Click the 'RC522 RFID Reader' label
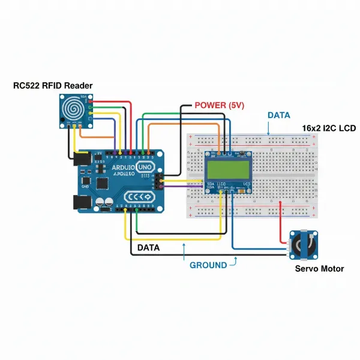tap(53, 85)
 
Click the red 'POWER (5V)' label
tap(219, 105)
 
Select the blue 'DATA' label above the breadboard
tap(278, 115)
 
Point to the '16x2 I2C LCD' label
tap(329, 129)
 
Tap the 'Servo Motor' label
tap(319, 269)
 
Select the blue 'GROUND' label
tap(208, 265)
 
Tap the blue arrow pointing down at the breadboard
tap(268, 127)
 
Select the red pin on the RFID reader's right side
tap(91, 103)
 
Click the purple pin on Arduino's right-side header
tap(160, 186)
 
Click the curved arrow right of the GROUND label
tap(235, 260)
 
